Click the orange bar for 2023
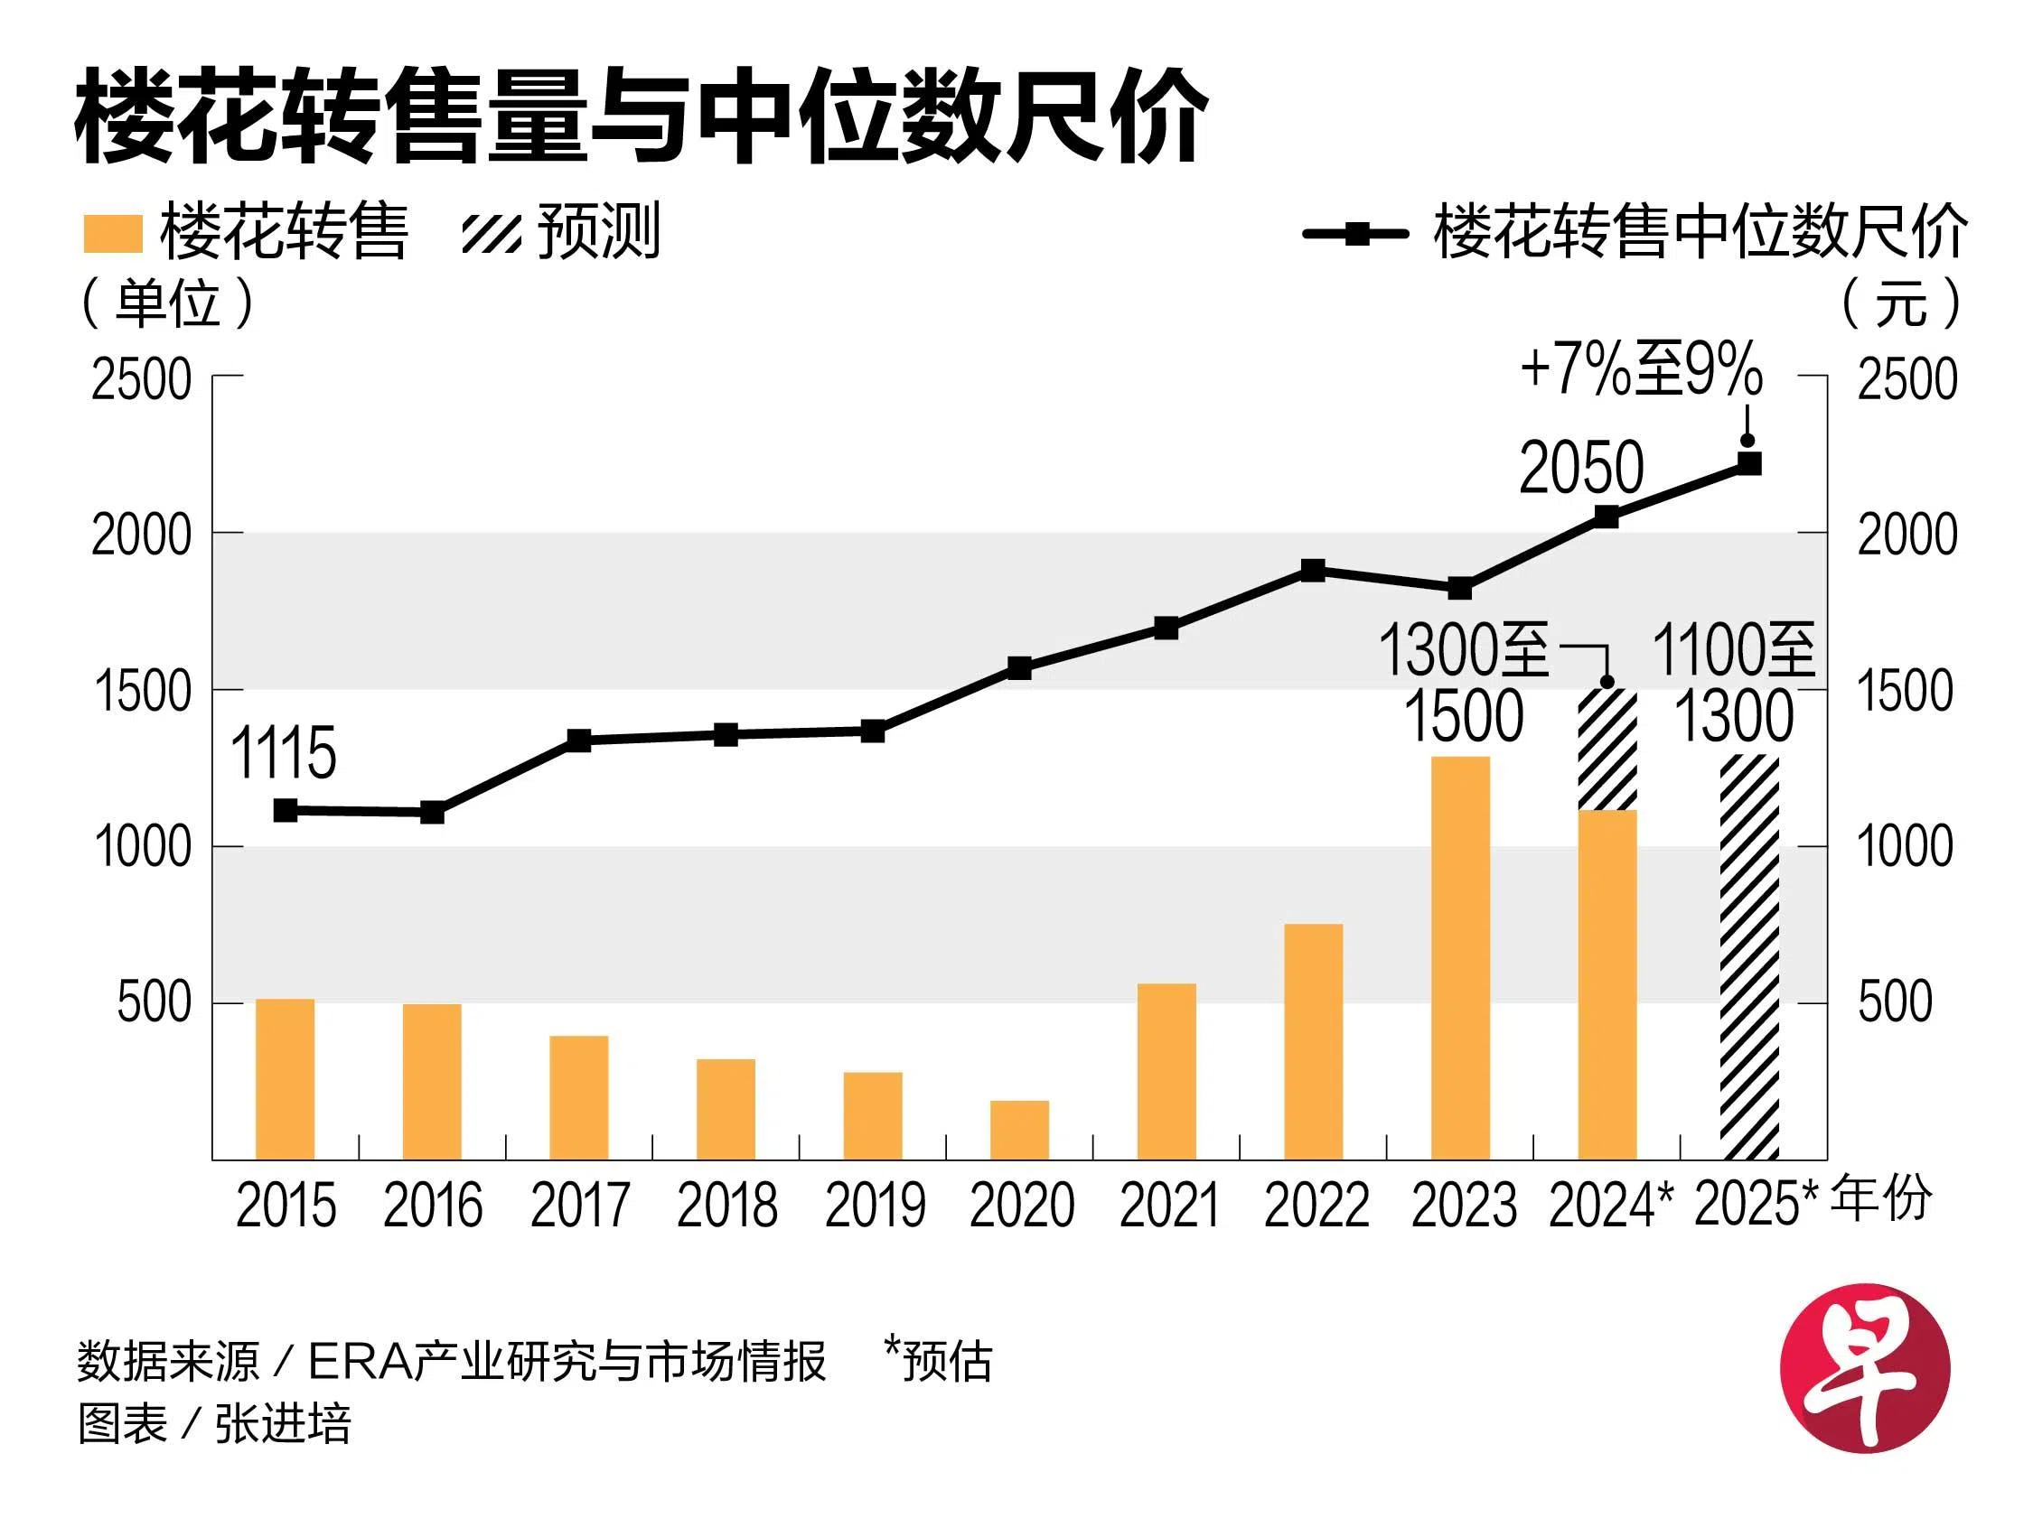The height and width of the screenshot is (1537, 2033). point(1459,957)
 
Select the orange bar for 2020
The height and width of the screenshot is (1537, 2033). point(1019,1129)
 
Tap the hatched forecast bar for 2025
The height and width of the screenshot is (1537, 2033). point(1750,957)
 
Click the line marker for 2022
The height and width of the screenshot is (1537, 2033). point(1314,571)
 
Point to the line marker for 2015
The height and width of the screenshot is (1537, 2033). point(286,810)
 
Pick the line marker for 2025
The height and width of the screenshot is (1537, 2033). point(1749,463)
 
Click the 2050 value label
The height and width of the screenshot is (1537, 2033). point(1581,468)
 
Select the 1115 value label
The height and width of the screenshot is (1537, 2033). point(283,753)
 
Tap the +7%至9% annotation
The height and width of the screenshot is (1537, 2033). point(1642,369)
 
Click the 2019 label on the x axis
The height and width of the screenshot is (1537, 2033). point(874,1206)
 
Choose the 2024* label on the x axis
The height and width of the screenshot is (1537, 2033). point(1610,1206)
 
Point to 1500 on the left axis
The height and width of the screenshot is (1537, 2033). point(143,691)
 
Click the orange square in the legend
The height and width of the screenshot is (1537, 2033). point(113,233)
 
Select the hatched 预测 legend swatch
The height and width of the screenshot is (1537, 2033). point(491,233)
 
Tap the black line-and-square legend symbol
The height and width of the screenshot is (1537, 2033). point(1355,233)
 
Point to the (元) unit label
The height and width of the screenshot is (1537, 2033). point(1901,303)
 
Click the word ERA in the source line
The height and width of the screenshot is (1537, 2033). point(360,1362)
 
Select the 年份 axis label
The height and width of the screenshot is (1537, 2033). point(1881,1199)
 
